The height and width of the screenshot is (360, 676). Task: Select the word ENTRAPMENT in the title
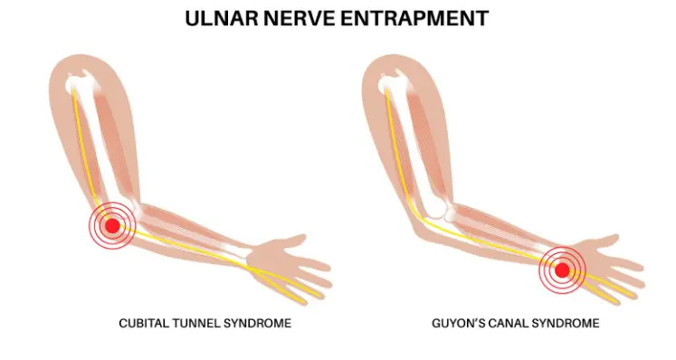point(421,18)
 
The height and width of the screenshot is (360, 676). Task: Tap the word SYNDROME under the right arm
point(576,323)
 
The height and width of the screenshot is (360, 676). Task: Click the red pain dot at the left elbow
point(112,226)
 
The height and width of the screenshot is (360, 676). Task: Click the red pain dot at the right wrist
point(562,270)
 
